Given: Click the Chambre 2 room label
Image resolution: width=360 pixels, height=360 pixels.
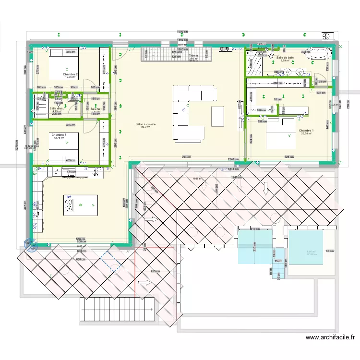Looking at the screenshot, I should [x=70, y=74].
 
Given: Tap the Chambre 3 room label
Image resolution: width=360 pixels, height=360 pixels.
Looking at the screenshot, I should [x=59, y=135].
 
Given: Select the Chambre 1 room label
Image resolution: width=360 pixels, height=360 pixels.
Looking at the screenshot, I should [x=306, y=131].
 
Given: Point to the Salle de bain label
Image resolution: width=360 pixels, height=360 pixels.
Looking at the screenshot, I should [x=285, y=57].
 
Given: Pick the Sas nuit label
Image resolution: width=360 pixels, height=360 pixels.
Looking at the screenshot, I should [x=96, y=109].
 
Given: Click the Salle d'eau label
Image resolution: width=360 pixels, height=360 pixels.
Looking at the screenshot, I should [x=56, y=108].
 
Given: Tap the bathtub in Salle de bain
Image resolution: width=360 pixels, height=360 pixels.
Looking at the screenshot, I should [x=316, y=54].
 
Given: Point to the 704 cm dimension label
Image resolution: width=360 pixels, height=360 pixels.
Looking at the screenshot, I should [x=187, y=157].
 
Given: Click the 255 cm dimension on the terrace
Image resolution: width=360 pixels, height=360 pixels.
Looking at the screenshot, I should [x=155, y=271].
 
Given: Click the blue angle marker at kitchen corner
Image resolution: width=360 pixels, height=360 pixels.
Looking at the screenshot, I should [x=30, y=245].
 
